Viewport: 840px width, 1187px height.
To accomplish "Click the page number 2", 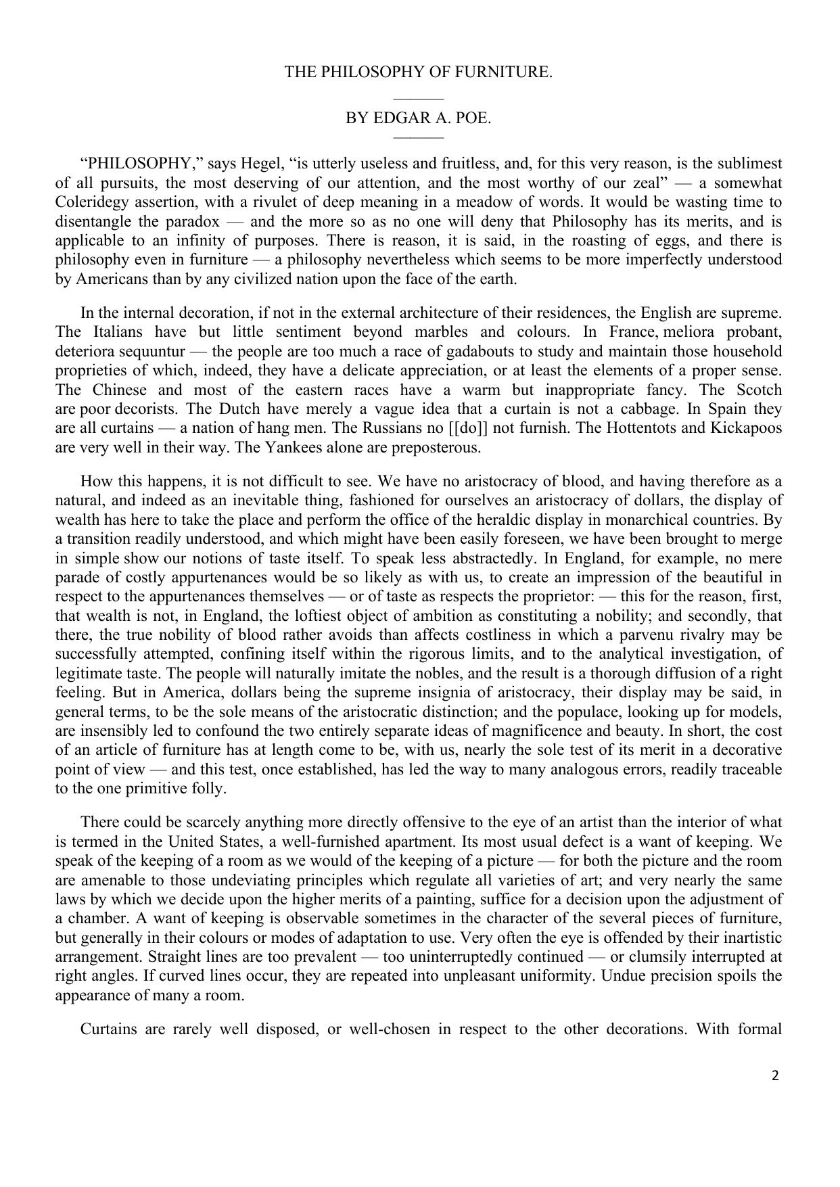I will pyautogui.click(x=775, y=1076).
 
